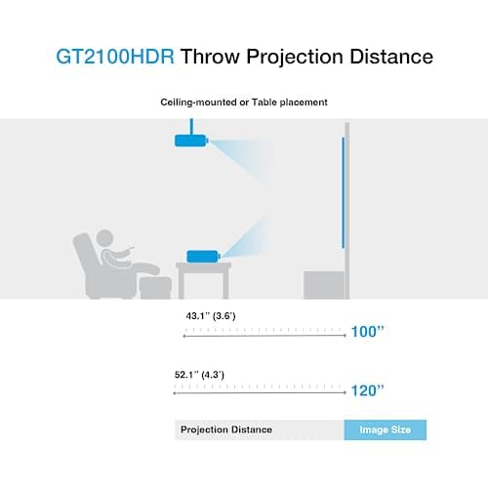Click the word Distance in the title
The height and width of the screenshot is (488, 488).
pyautogui.click(x=382, y=57)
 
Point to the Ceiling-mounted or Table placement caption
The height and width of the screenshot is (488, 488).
pyautogui.click(x=243, y=102)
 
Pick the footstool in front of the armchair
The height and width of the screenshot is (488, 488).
pyautogui.click(x=153, y=288)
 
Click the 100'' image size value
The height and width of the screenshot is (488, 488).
pyautogui.click(x=368, y=333)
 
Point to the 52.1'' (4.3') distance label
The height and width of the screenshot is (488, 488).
pyautogui.click(x=208, y=375)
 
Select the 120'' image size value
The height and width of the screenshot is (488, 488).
pyautogui.click(x=368, y=391)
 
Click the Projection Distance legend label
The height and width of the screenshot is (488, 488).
pyautogui.click(x=224, y=429)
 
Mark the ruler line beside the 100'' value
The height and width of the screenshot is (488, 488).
pyautogui.click(x=264, y=334)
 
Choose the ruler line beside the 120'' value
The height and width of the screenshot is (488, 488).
pyautogui.click(x=259, y=391)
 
